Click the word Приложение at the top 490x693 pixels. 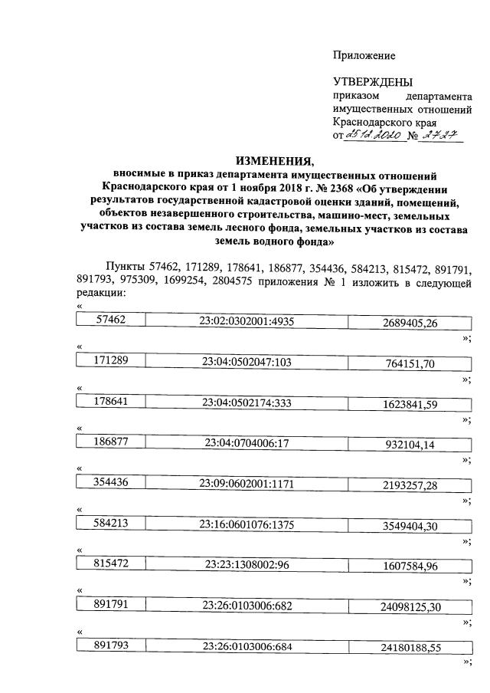click(x=364, y=55)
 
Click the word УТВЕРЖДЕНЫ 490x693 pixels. click(x=372, y=82)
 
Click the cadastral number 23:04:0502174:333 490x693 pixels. click(x=246, y=402)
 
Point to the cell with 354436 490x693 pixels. click(x=110, y=481)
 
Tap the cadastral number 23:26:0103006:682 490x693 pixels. click(x=246, y=604)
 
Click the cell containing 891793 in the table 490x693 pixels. click(x=110, y=645)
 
